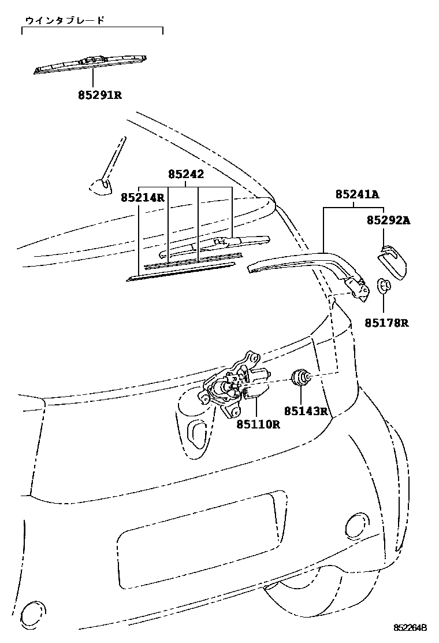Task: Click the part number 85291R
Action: (x=100, y=95)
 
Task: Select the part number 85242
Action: (x=186, y=174)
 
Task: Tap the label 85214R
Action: (x=143, y=198)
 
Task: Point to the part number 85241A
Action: (x=357, y=195)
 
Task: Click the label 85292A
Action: (x=388, y=220)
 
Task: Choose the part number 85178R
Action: (x=386, y=323)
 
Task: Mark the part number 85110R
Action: (x=258, y=424)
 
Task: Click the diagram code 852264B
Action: (x=410, y=628)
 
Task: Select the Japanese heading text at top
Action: (x=64, y=20)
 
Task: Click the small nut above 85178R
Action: (x=384, y=284)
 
